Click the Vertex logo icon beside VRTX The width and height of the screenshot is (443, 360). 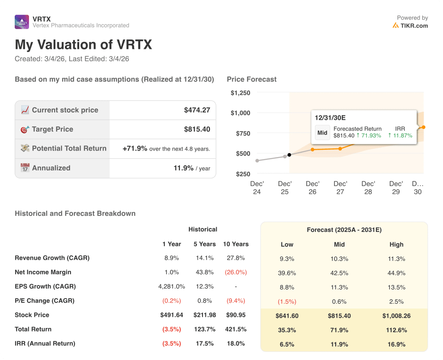click(x=22, y=22)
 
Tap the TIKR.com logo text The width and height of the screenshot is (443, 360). click(x=414, y=26)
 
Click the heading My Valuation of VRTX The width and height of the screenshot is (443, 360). click(x=83, y=45)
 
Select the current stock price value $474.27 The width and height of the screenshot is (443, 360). click(x=197, y=110)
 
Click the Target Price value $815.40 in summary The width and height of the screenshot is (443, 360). click(x=197, y=129)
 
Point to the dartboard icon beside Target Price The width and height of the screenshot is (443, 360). click(x=25, y=129)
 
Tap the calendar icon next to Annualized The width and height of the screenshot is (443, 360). click(x=25, y=168)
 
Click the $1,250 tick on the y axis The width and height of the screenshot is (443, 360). click(x=240, y=93)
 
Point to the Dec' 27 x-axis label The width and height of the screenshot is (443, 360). click(x=340, y=187)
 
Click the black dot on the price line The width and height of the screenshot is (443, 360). click(x=289, y=155)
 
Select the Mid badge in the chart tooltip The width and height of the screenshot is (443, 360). click(x=322, y=133)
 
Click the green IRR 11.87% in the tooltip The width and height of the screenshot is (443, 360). click(x=400, y=135)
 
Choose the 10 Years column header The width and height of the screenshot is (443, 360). click(x=236, y=244)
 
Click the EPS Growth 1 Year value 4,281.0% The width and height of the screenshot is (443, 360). click(x=172, y=286)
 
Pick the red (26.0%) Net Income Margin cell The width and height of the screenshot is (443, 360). click(x=236, y=272)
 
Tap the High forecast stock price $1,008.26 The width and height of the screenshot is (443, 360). click(x=396, y=315)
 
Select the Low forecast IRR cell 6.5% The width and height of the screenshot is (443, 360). click(x=287, y=344)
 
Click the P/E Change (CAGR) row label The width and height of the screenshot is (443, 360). click(x=45, y=301)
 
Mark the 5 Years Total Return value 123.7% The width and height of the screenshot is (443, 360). click(x=205, y=329)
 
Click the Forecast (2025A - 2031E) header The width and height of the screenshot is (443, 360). click(x=344, y=230)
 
